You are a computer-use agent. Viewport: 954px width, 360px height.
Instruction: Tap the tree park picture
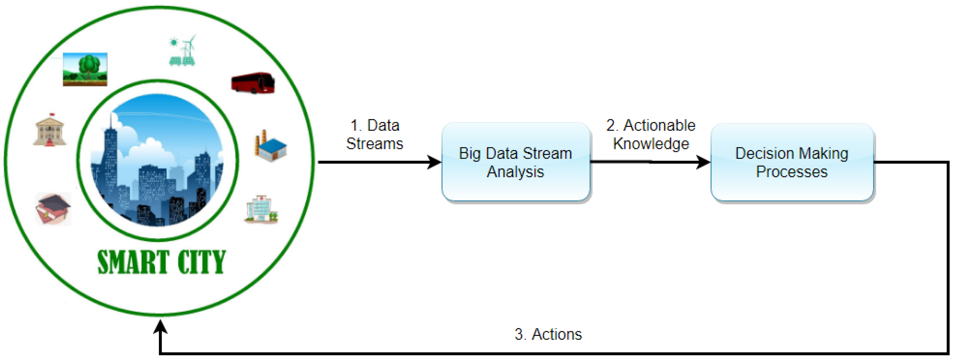coord(85,69)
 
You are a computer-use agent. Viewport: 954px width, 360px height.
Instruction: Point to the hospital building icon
coord(261,209)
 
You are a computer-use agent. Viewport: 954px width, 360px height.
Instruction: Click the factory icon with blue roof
coord(271,146)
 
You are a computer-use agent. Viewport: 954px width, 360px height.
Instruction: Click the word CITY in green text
coord(202,262)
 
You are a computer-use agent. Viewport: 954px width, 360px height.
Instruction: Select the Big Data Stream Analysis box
coord(515,163)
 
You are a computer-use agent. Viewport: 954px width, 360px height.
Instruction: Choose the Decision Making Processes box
coord(792,163)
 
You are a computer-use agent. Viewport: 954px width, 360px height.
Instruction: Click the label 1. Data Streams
coord(375,135)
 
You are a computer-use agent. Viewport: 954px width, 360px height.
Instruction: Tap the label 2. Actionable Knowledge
coord(651,135)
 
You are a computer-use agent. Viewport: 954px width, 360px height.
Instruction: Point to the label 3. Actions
coord(548,334)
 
